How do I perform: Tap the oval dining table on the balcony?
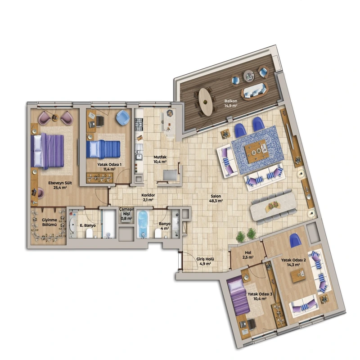(x=206, y=102)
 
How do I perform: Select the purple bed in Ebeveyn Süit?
(x=47, y=151)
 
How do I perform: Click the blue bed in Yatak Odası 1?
(x=103, y=149)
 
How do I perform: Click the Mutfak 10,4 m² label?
(x=160, y=159)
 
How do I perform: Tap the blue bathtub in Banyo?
(x=143, y=224)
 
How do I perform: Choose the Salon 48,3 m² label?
(x=216, y=198)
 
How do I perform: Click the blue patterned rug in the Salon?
(x=257, y=149)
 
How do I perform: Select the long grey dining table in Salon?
(x=273, y=206)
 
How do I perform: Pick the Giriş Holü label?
(x=205, y=259)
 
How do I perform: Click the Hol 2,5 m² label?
(x=248, y=255)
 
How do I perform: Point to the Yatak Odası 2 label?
(x=293, y=260)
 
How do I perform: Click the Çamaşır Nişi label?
(x=126, y=211)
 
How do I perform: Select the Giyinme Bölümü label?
(x=49, y=222)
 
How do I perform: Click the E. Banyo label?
(x=88, y=225)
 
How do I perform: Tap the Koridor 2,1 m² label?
(x=148, y=197)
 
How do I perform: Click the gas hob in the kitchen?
(x=139, y=124)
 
